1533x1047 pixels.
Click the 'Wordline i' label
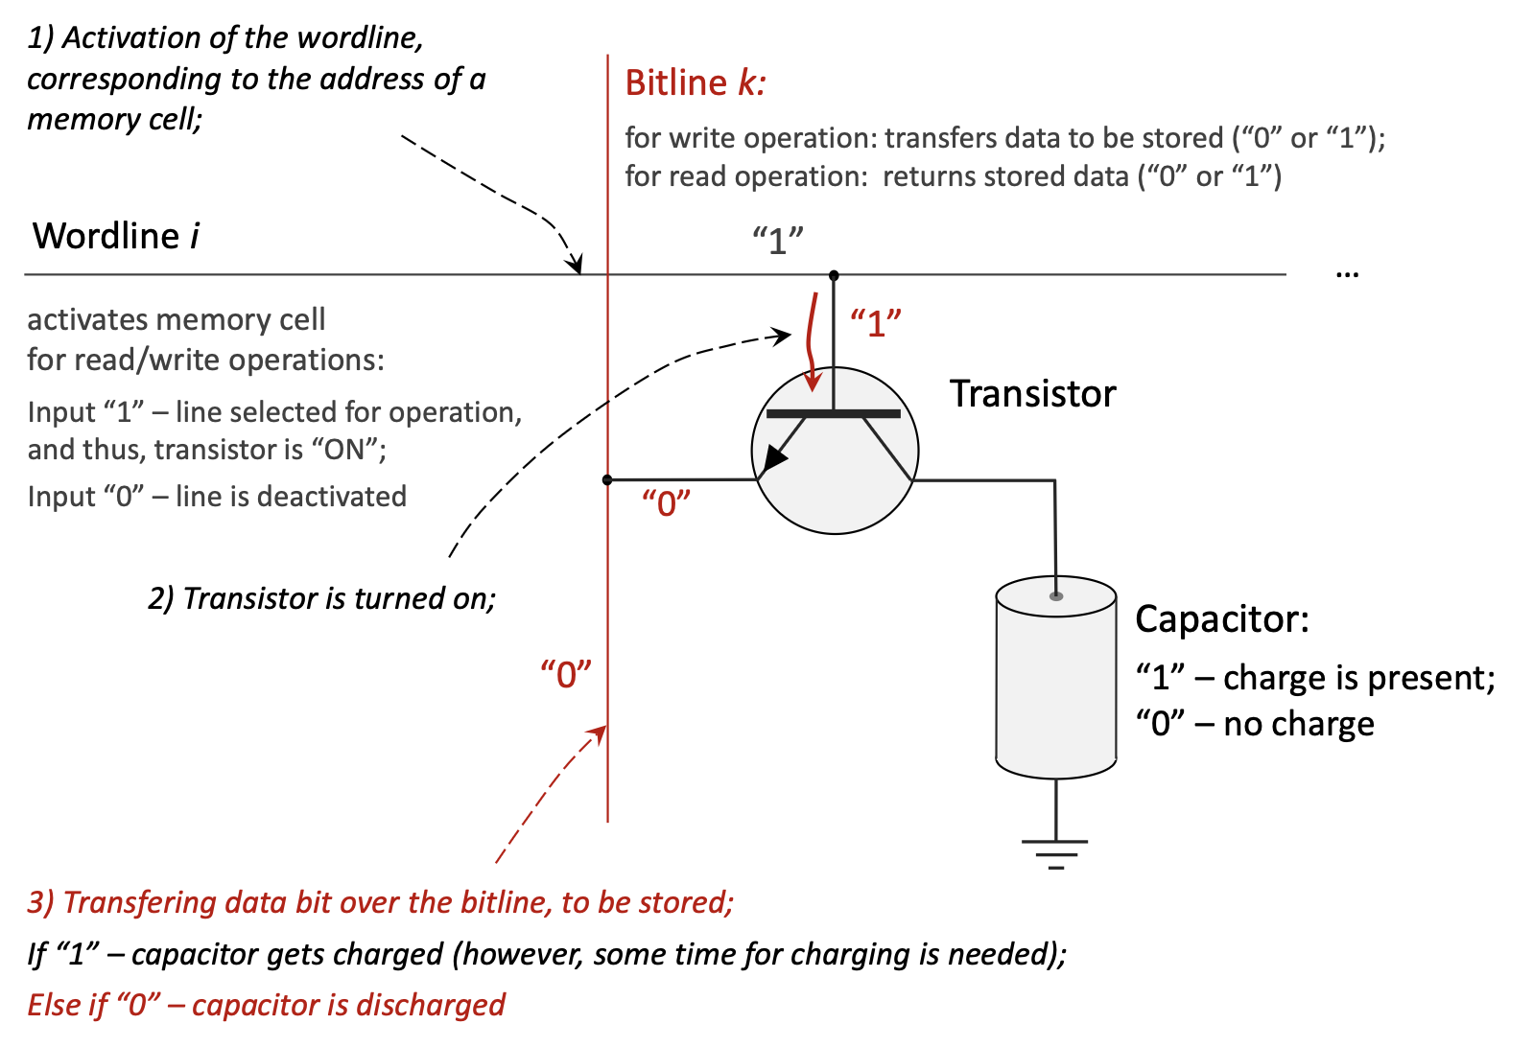coord(116,236)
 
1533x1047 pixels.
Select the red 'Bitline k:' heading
coord(695,83)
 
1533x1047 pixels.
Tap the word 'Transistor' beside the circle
coord(1032,394)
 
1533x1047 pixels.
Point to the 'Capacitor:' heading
coord(1221,619)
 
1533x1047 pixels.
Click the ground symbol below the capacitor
coord(1055,852)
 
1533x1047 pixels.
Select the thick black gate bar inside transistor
coord(833,414)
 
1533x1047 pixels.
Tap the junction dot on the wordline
coord(834,275)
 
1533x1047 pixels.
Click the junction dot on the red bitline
coord(607,479)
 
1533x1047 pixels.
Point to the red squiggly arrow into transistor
coord(812,340)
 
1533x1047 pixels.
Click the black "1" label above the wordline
coord(777,241)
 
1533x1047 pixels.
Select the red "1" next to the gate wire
coord(875,324)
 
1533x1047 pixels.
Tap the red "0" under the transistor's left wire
coord(666,502)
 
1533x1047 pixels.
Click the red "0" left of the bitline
coord(565,675)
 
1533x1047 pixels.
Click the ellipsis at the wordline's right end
coord(1347,275)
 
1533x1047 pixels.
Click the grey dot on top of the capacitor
coord(1056,596)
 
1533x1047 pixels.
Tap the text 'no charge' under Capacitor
coord(1298,724)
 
